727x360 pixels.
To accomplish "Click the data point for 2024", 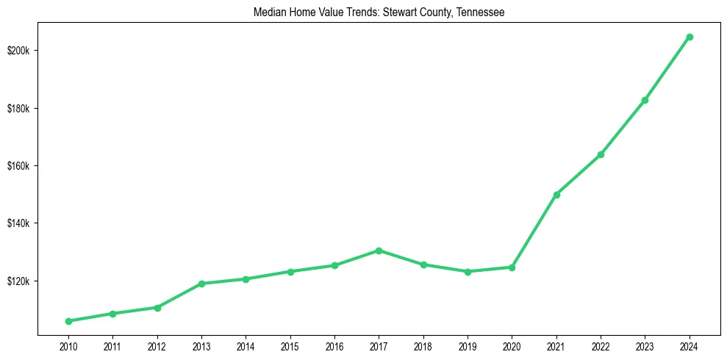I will pyautogui.click(x=690, y=37).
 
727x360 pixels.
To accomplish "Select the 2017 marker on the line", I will pyautogui.click(x=379, y=251).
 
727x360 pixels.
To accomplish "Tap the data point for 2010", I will pyautogui.click(x=68, y=321).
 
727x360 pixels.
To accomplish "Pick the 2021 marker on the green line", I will pyautogui.click(x=556, y=195).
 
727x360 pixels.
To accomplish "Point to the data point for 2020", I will pyautogui.click(x=512, y=267).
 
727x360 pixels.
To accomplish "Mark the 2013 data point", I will pyautogui.click(x=201, y=284).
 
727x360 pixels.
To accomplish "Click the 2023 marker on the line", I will pyautogui.click(x=645, y=100).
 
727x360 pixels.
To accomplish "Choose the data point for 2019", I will pyautogui.click(x=468, y=272).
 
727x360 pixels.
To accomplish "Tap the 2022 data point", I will pyautogui.click(x=601, y=154).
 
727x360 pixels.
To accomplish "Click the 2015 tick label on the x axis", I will pyautogui.click(x=290, y=345).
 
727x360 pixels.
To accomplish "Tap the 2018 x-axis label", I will pyautogui.click(x=423, y=345).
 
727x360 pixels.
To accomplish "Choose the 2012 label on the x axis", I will pyautogui.click(x=157, y=345).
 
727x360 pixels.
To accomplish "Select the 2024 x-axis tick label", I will pyautogui.click(x=690, y=345).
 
